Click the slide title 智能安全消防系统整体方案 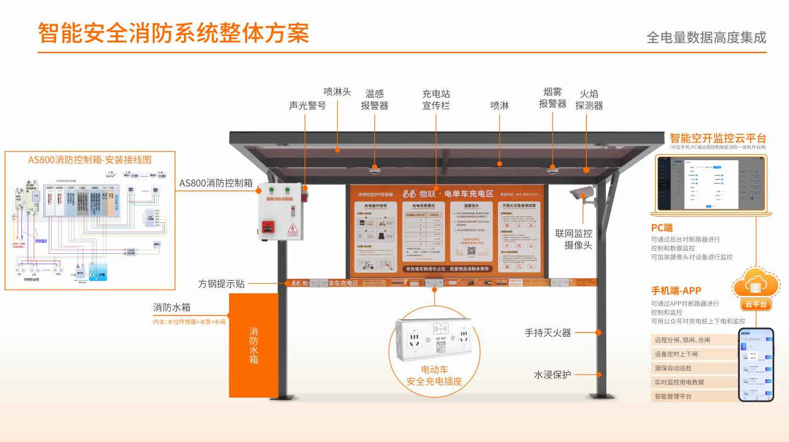click(x=174, y=33)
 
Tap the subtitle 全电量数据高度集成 click(x=706, y=38)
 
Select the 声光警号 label click(x=307, y=105)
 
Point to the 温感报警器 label click(x=374, y=100)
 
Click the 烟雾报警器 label click(x=553, y=97)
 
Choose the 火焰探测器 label click(x=589, y=99)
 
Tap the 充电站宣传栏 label click(x=436, y=100)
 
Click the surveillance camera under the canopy click(x=580, y=194)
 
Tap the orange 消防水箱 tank click(x=253, y=345)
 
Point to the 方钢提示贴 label click(x=222, y=284)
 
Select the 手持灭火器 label click(x=548, y=332)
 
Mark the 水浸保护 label click(x=552, y=374)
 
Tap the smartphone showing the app click(x=756, y=365)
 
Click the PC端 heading click(x=662, y=228)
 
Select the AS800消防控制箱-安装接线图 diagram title click(x=89, y=160)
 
